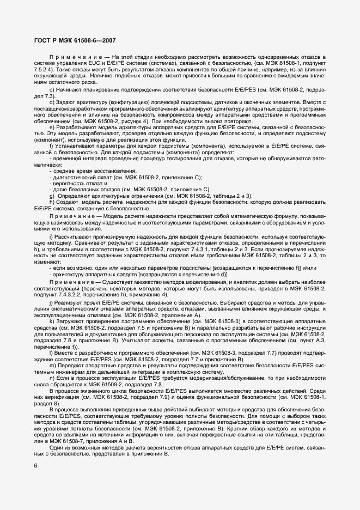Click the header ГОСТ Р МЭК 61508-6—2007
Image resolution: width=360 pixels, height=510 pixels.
tap(71, 39)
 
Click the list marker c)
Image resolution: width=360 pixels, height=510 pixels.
tap(52, 89)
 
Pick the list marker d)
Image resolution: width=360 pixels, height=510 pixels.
tap(52, 102)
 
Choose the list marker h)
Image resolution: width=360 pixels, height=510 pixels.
tap(52, 202)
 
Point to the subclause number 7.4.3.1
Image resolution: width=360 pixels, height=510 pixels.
tap(194, 248)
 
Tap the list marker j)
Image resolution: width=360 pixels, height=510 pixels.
tap(51, 302)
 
